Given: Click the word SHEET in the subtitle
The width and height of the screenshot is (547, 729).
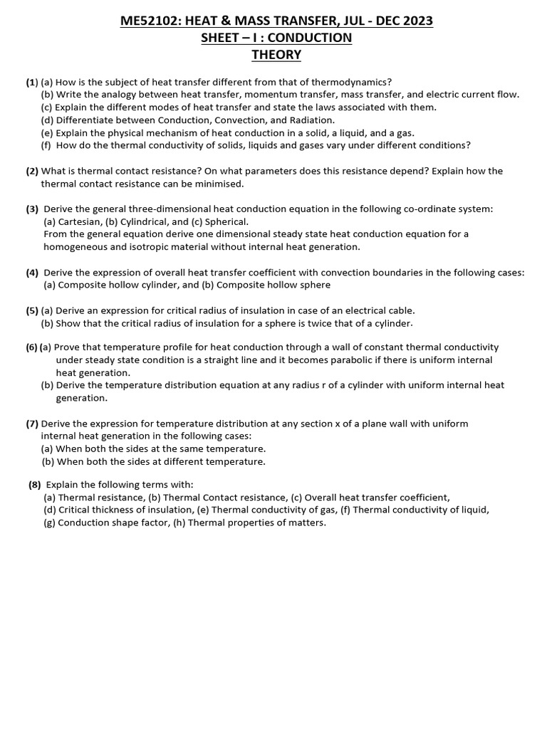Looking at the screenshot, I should (221, 38).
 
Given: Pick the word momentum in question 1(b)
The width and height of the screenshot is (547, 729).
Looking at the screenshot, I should (257, 94).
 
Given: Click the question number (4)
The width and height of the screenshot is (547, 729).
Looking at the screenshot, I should (33, 273).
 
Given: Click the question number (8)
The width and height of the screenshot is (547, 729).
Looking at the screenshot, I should (35, 485).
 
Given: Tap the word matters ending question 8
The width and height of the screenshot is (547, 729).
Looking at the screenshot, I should (306, 523).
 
